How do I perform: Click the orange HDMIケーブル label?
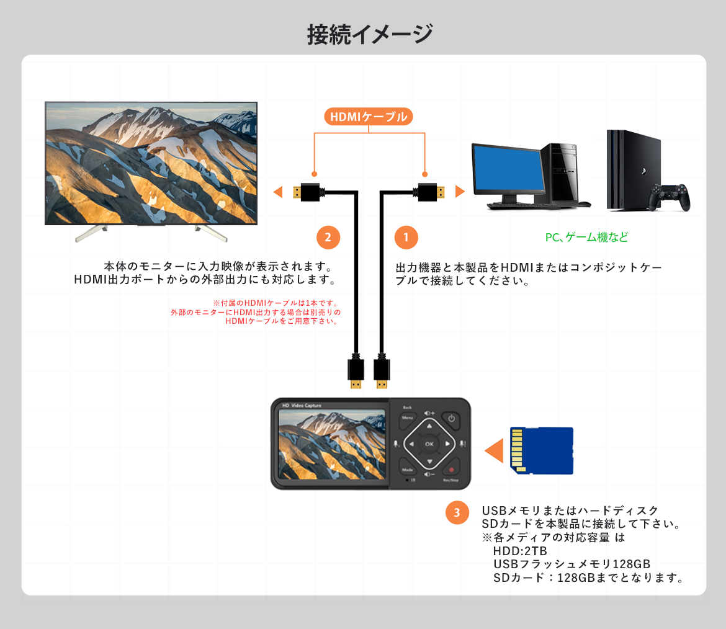click(x=369, y=117)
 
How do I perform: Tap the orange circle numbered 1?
click(x=406, y=237)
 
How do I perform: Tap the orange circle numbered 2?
click(x=328, y=237)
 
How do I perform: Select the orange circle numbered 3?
click(x=457, y=512)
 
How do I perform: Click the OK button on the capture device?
click(x=429, y=444)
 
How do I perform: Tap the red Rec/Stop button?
click(x=452, y=470)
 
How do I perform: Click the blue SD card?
click(x=541, y=450)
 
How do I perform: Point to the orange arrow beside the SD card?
click(x=495, y=450)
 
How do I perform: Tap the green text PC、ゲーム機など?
click(x=586, y=237)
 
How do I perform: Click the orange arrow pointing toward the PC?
click(x=460, y=192)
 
